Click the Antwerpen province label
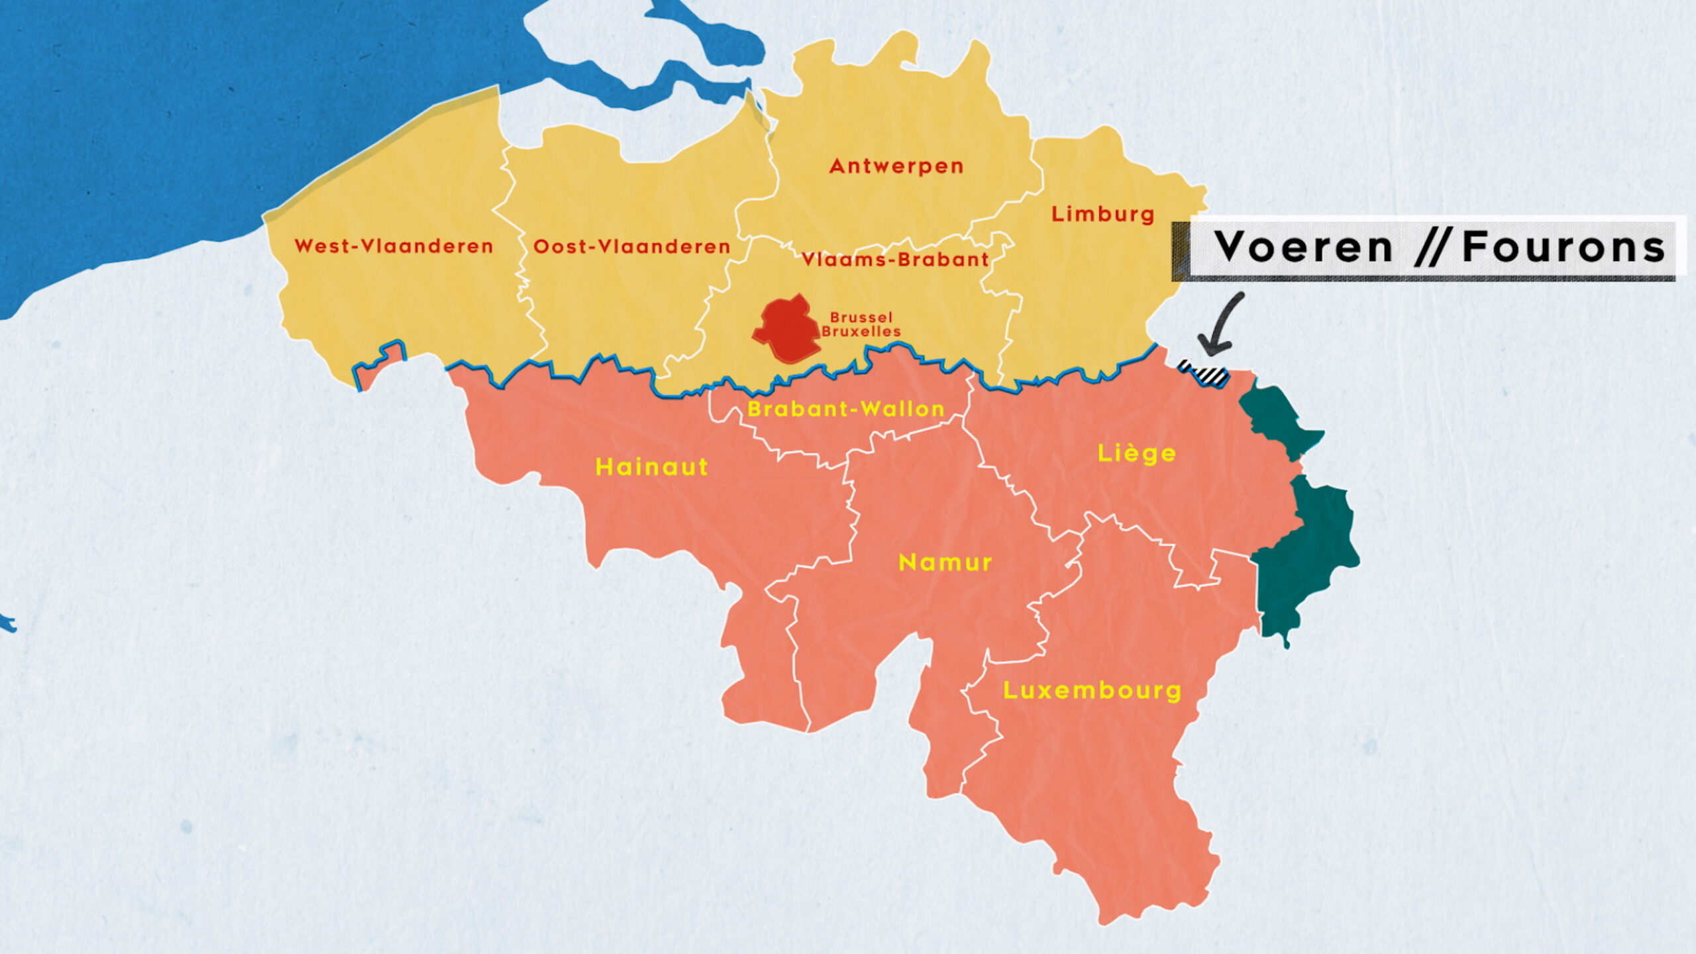(896, 166)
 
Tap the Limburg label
(1103, 214)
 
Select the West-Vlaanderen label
(394, 246)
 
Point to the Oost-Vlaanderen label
(631, 246)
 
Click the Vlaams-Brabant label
(895, 260)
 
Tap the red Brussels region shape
(787, 330)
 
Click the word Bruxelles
(861, 332)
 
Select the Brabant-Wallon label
(846, 409)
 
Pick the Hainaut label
(652, 467)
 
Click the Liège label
(1137, 454)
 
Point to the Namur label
(945, 562)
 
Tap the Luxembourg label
(1092, 690)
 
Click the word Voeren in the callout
(1304, 248)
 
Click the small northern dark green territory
(1275, 417)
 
